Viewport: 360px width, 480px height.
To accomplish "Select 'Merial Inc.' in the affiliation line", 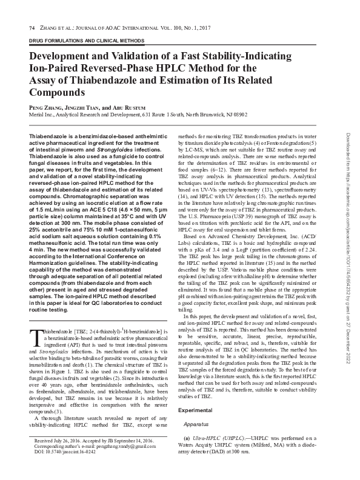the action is click(42, 114).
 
